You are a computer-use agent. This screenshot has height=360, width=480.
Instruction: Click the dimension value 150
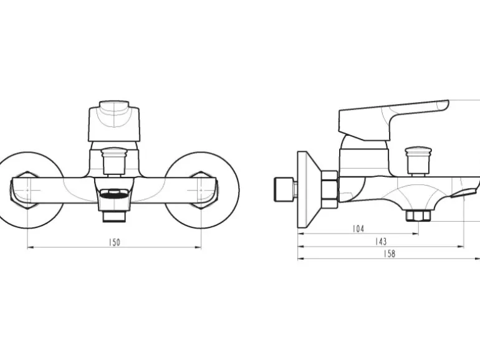click(x=115, y=242)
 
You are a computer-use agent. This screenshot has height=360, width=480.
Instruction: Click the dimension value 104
click(x=358, y=229)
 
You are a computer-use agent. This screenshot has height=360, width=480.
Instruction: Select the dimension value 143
click(x=381, y=242)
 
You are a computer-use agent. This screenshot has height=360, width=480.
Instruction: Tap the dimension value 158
click(x=389, y=254)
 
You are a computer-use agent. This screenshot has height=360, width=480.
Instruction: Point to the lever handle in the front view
click(x=114, y=121)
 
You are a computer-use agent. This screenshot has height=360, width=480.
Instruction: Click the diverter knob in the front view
click(x=114, y=161)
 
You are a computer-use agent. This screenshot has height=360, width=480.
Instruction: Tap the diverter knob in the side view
click(x=418, y=161)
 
